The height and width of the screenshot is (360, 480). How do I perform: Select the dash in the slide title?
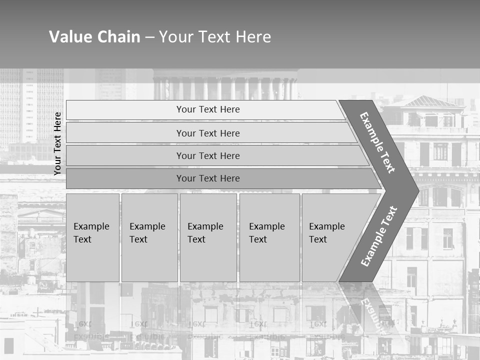[149, 37]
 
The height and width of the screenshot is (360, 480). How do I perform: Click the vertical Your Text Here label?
[57, 143]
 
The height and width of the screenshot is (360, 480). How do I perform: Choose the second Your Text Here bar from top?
[207, 133]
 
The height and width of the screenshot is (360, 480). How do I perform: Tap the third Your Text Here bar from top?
[207, 155]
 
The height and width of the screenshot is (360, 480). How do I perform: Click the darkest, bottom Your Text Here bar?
[207, 178]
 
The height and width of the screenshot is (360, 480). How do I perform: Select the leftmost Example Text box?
[92, 237]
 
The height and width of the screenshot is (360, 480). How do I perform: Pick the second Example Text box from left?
[149, 237]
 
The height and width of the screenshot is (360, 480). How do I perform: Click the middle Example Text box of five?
[208, 237]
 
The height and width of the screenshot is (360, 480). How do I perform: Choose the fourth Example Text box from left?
[269, 237]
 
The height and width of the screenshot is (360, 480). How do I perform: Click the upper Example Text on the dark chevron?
[377, 142]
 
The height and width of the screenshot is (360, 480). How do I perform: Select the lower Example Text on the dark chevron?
[379, 236]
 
